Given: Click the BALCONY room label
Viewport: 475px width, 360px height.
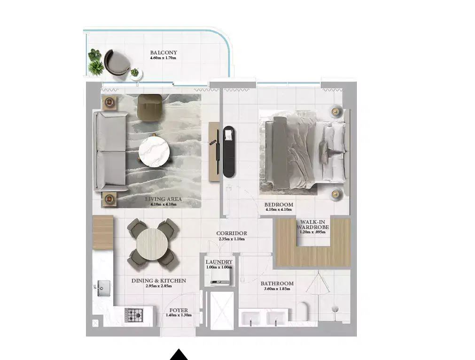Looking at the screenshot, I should pos(164,53).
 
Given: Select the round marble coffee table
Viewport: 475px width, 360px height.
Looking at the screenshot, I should pos(154,150).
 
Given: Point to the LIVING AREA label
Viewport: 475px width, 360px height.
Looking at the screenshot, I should pos(163,199).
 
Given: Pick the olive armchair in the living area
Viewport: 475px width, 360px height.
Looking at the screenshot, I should pos(149,107).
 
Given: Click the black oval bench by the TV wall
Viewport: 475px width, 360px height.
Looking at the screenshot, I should pos(229,151).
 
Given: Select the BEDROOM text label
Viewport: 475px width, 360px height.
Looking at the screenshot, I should pos(279,205).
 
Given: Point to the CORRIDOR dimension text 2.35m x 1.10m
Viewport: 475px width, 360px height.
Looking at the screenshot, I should pos(232,239).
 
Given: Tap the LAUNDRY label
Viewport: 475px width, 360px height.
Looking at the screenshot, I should pos(219,262).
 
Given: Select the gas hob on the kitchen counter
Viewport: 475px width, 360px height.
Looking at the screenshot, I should pos(133,314).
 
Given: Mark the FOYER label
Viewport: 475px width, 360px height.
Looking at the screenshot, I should pos(179,310).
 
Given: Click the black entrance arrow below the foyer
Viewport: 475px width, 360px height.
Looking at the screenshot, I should pos(179,354).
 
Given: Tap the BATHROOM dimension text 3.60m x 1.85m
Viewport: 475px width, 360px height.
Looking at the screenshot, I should pos(277,289).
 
